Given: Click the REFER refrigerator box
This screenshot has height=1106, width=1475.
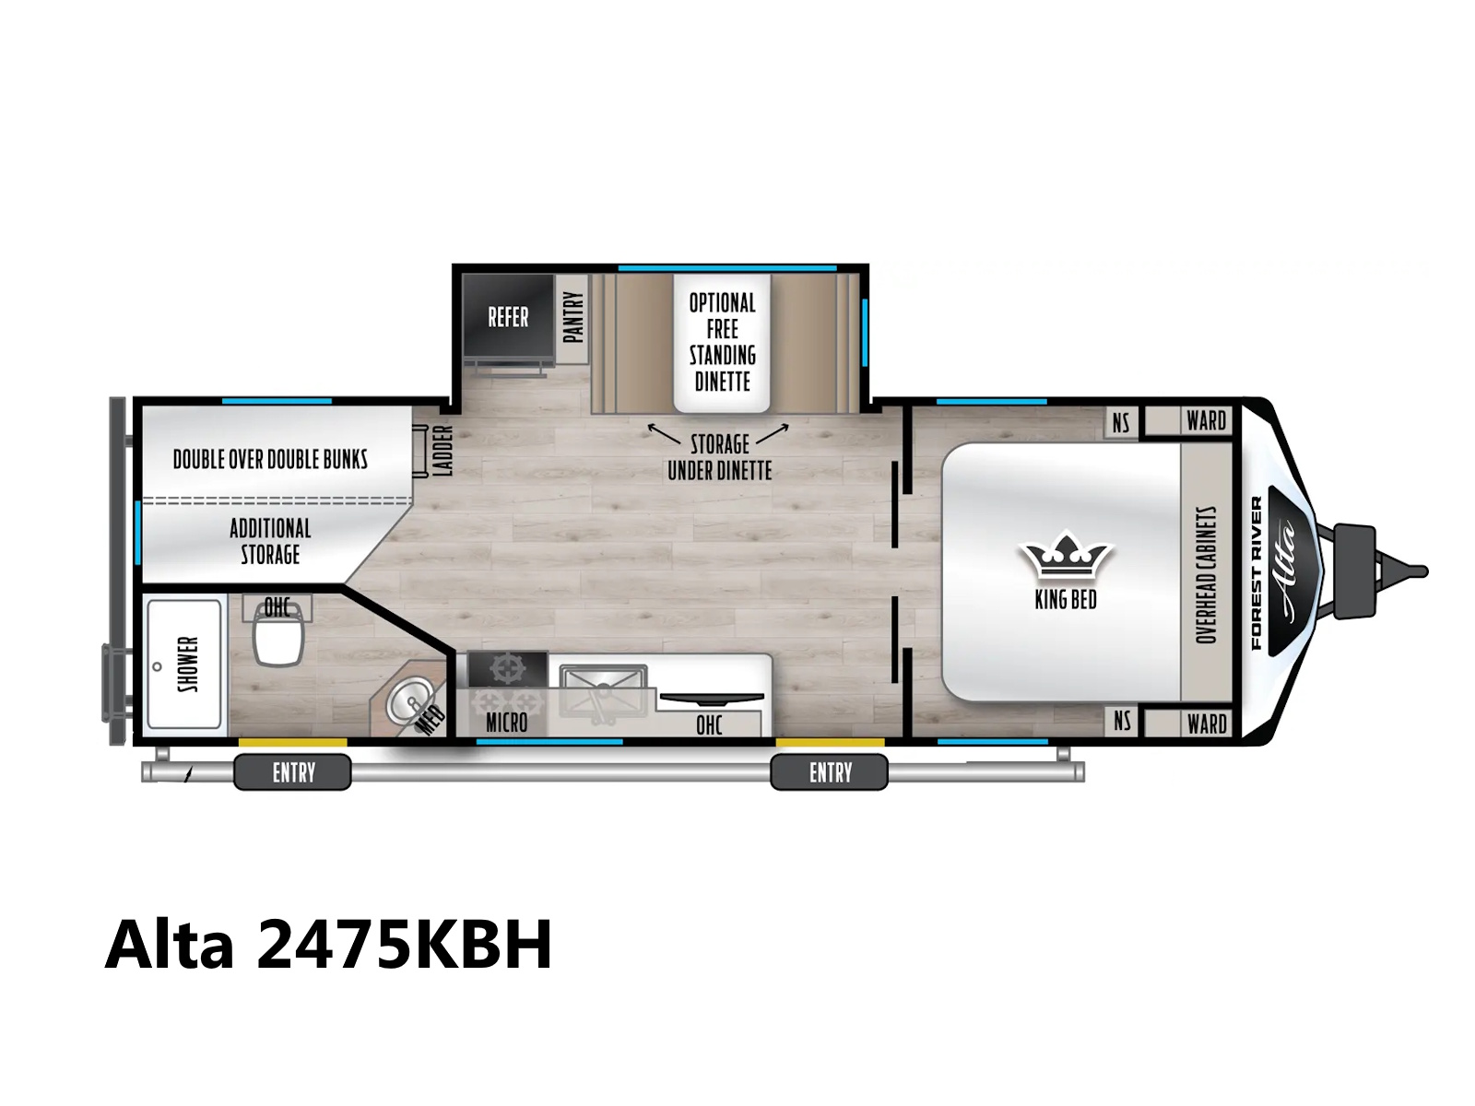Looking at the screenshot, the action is pos(508,315).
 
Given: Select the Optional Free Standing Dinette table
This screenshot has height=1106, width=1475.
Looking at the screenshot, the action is pos(722,343).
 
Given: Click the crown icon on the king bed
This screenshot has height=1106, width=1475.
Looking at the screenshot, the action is pos(1065,554).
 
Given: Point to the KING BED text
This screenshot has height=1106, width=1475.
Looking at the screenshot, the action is pos(1065,600).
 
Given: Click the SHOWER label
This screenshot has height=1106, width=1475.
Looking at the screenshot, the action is pos(188,665).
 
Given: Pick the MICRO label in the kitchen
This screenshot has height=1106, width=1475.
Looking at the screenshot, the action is pos(507,724).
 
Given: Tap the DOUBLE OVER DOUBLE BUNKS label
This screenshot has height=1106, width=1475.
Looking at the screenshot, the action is pos(270,459).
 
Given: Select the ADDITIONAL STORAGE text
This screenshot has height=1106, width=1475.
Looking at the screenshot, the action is pos(270,541).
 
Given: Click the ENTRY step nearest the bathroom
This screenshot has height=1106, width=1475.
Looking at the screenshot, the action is pos(292,772).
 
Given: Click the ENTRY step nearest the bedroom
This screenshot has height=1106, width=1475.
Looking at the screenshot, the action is pos(829,772).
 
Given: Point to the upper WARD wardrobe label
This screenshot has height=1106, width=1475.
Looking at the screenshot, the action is pos(1206,421).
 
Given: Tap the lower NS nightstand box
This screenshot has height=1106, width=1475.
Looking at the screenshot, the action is pos(1122,722).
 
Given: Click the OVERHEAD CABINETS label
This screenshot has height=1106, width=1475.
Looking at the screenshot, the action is pos(1206,575).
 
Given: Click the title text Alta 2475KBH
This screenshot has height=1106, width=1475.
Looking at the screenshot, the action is pos(328,945).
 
